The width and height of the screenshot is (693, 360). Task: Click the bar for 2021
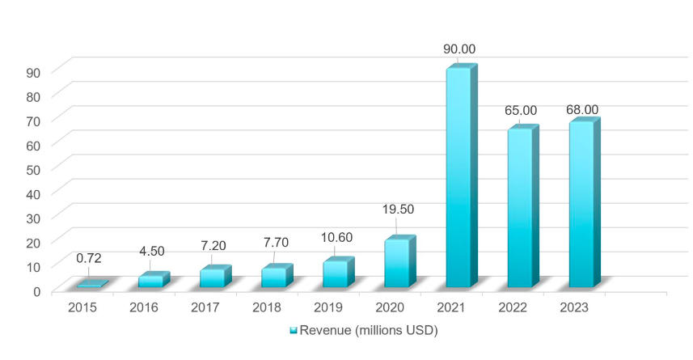[458, 178]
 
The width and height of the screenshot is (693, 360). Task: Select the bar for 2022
[520, 208]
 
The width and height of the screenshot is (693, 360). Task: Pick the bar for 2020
[396, 263]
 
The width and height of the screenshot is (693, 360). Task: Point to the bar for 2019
[335, 273]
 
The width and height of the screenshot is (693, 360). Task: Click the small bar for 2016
[150, 281]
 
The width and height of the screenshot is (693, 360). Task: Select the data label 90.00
[458, 49]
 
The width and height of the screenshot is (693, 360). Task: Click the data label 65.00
[521, 110]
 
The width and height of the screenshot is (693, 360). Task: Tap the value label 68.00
[582, 109]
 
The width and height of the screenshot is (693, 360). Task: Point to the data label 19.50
[398, 209]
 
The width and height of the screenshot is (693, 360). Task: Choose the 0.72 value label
[89, 259]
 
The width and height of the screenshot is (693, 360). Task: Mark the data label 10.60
[336, 240]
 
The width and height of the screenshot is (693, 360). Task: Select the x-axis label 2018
[267, 308]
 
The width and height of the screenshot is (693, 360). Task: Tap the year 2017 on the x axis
[205, 308]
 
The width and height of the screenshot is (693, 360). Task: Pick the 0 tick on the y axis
[37, 291]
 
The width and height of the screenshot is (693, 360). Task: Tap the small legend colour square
[294, 331]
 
